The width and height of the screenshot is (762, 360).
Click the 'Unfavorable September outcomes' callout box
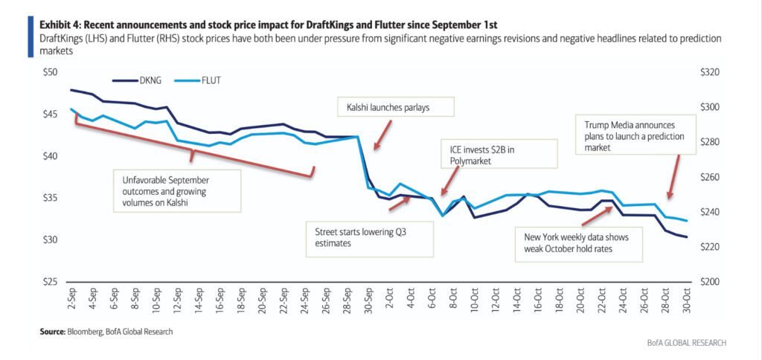click(x=177, y=190)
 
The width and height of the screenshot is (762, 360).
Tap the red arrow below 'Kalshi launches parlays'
click(x=382, y=135)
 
